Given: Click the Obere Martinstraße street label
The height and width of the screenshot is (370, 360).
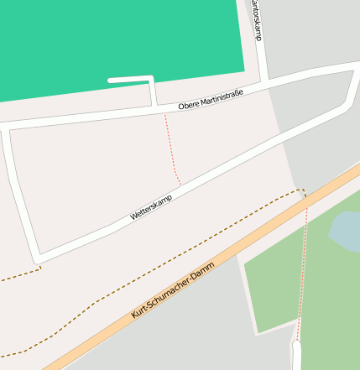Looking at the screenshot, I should point(211,100).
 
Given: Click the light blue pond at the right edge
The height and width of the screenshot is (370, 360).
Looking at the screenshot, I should point(347,232).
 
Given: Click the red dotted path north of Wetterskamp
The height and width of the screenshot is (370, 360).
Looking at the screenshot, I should point(170,147).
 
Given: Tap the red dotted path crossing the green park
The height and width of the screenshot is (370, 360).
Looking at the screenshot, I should point(302,268).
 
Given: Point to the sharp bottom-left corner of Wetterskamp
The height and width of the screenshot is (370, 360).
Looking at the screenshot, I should point(37,258).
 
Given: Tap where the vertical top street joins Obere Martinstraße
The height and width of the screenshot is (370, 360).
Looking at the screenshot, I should point(265,82).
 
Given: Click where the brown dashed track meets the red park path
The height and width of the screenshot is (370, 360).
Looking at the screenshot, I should point(305,195).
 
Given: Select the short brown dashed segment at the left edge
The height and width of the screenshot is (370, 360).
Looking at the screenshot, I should point(21,274).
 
